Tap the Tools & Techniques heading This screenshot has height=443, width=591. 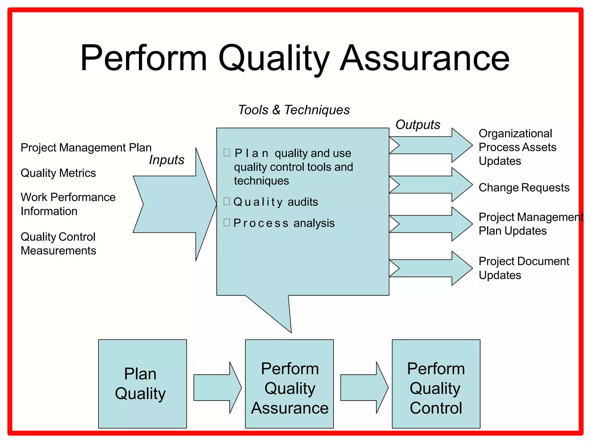coord(294,110)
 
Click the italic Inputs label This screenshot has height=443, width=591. coord(167,160)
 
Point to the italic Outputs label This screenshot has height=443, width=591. coord(418,125)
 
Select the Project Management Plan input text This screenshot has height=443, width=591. coord(86,148)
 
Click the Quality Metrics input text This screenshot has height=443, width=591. coord(58,173)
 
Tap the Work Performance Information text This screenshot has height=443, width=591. coord(68,204)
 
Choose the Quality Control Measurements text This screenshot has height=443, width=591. coord(58,244)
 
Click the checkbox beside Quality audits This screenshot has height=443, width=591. coord(227,201)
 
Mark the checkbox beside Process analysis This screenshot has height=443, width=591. coord(227,222)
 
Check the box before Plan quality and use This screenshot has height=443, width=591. coord(227,153)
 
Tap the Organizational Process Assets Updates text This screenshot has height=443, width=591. coord(517,147)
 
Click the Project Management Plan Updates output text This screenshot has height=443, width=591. coord(530,224)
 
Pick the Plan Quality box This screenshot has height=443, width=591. coord(142,384)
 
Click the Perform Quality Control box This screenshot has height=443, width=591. coord(436,384)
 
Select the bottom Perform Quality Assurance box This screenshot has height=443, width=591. coord(289,384)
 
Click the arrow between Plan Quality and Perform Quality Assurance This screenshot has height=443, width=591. coord(216,388)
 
